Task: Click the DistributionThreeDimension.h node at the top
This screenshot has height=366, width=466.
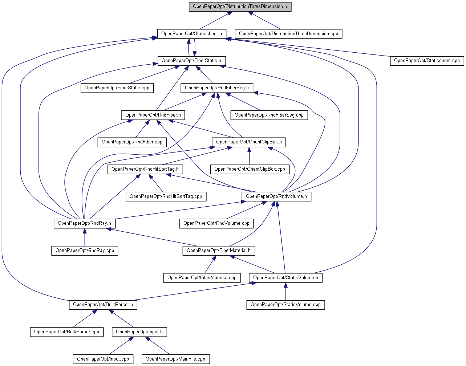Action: point(240,7)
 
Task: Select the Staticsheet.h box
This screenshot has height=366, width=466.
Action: point(191,34)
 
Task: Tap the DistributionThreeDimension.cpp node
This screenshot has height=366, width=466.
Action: point(288,34)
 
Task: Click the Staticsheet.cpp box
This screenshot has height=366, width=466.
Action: point(427,61)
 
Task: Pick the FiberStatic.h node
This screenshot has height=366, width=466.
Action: point(191,61)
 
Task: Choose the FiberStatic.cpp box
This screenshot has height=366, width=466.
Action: point(117,88)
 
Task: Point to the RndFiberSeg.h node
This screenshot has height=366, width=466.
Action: point(217,88)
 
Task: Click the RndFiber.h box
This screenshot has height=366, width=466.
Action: point(153,115)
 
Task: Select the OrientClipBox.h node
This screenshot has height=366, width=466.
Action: point(249,142)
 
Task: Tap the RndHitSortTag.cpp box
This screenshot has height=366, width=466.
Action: point(166,196)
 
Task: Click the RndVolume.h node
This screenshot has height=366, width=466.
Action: point(276,196)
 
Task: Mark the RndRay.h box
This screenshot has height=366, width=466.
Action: point(85,223)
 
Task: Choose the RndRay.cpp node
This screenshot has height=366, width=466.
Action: point(85,251)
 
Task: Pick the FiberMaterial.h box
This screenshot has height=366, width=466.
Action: point(218,251)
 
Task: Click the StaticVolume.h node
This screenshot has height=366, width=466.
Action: point(285,278)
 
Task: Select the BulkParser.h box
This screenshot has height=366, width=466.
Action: point(103,305)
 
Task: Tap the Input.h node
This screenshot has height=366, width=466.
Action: point(139,332)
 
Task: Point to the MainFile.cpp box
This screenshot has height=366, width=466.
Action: point(175,359)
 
